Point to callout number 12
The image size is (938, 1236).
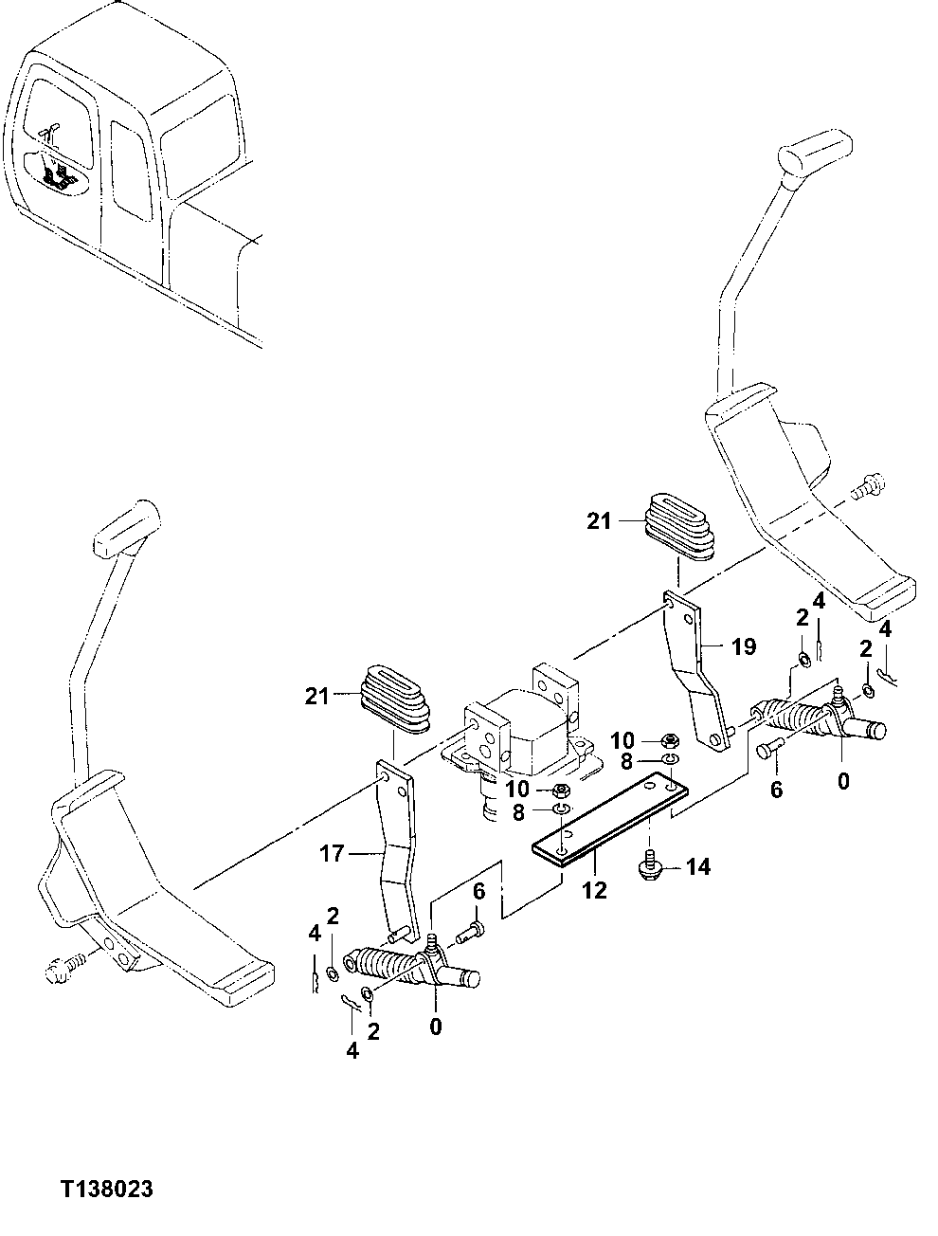pos(594,891)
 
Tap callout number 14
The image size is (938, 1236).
pos(697,866)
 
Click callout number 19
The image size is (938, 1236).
pos(744,647)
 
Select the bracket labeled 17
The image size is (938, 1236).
pos(397,853)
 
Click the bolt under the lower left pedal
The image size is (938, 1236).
pos(63,971)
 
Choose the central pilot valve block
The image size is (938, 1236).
pos(520,739)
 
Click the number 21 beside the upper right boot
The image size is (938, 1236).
pos(599,520)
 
